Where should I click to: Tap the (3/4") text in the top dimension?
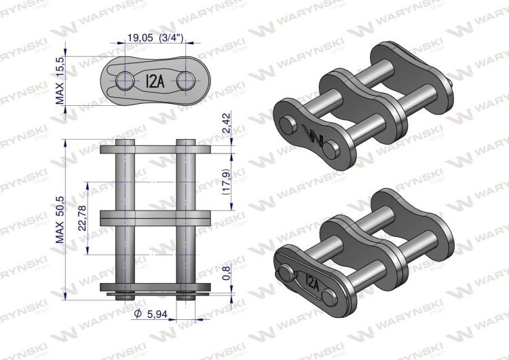(171, 39)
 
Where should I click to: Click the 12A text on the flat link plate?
(153, 81)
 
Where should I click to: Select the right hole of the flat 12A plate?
(184, 81)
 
